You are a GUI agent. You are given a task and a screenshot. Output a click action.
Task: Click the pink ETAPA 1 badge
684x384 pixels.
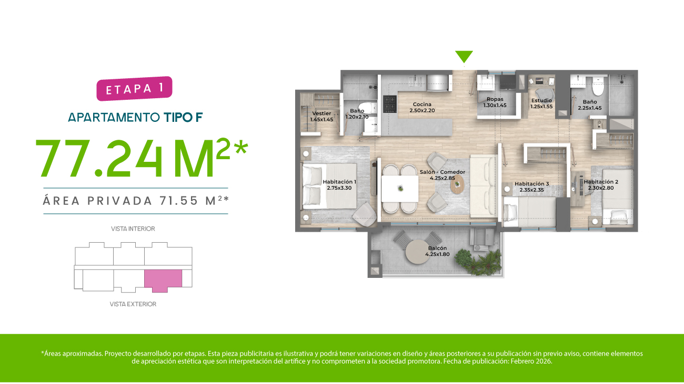click(x=134, y=88)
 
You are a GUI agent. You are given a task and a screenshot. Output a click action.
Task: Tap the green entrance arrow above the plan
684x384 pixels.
click(x=464, y=56)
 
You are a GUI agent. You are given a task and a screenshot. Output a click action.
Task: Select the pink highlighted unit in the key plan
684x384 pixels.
click(x=163, y=281)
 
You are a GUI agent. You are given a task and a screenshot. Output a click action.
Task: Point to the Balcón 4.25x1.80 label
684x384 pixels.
click(x=437, y=251)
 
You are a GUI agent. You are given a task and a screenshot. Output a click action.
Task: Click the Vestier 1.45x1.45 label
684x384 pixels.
click(x=321, y=116)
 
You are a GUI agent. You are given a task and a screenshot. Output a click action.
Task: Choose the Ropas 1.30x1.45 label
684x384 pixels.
click(x=495, y=102)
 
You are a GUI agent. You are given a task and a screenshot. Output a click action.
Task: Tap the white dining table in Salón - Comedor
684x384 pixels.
click(x=400, y=189)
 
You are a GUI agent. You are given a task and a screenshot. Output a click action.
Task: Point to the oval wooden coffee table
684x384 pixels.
click(x=457, y=184)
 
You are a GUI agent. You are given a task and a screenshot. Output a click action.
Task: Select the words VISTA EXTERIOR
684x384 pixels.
click(x=133, y=304)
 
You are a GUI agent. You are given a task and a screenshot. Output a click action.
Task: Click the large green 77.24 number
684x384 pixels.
click(x=99, y=159)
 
